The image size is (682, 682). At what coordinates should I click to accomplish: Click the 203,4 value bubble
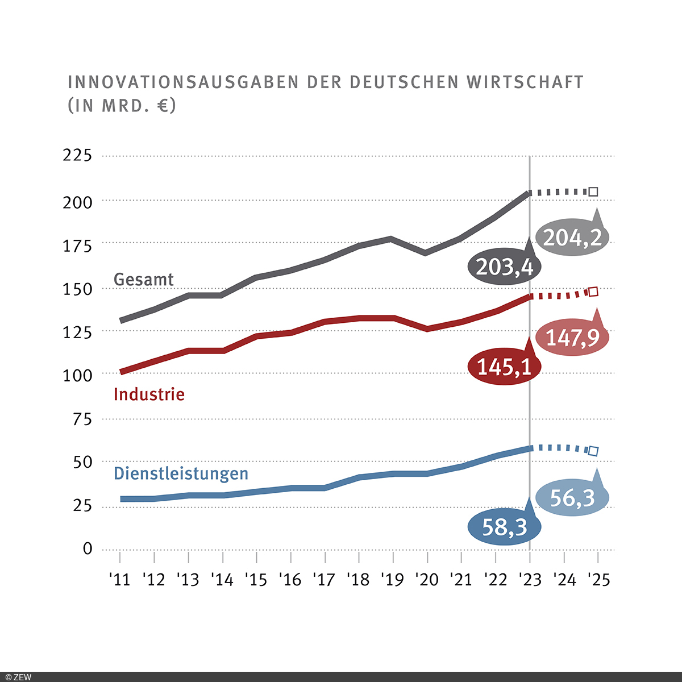pyautogui.click(x=504, y=266)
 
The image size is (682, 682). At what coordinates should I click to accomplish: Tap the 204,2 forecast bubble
pyautogui.click(x=572, y=238)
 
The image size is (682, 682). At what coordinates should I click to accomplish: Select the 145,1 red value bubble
pyautogui.click(x=504, y=367)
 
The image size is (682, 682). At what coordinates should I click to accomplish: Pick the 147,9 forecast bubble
pyautogui.click(x=572, y=338)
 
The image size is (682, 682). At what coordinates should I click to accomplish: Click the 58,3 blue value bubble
pyautogui.click(x=504, y=527)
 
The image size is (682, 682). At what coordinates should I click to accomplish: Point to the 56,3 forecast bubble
pyautogui.click(x=572, y=498)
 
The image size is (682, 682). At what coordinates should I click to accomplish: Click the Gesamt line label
pyautogui.click(x=144, y=280)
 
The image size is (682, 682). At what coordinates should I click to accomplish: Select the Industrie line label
pyautogui.click(x=149, y=394)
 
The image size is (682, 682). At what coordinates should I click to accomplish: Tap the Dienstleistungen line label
pyautogui.click(x=181, y=473)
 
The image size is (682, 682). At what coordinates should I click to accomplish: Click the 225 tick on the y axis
pyautogui.click(x=77, y=155)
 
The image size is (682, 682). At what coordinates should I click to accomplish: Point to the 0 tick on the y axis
pyautogui.click(x=87, y=549)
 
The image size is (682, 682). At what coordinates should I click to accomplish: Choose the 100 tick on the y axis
pyautogui.click(x=77, y=375)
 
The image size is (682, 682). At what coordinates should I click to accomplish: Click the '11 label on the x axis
pyautogui.click(x=119, y=580)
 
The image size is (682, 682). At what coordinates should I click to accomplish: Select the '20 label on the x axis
pyautogui.click(x=426, y=580)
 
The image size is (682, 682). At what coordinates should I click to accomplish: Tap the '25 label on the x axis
pyautogui.click(x=597, y=580)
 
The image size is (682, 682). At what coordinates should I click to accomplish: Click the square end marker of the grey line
pyautogui.click(x=593, y=192)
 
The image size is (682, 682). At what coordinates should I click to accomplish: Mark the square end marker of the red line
pyautogui.click(x=593, y=292)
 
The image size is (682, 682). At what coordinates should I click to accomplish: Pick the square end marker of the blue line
pyautogui.click(x=593, y=451)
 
